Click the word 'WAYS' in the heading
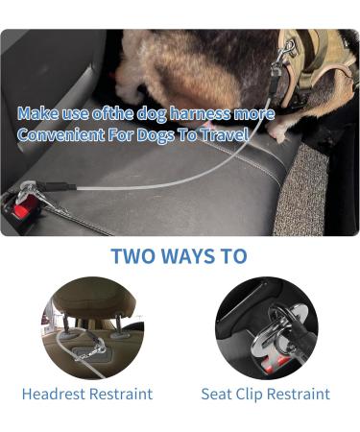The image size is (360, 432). click(x=188, y=256)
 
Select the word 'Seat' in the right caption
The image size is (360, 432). click(x=217, y=394)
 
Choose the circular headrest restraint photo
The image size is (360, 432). click(x=87, y=328)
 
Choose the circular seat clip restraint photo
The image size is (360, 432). click(x=265, y=328)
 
